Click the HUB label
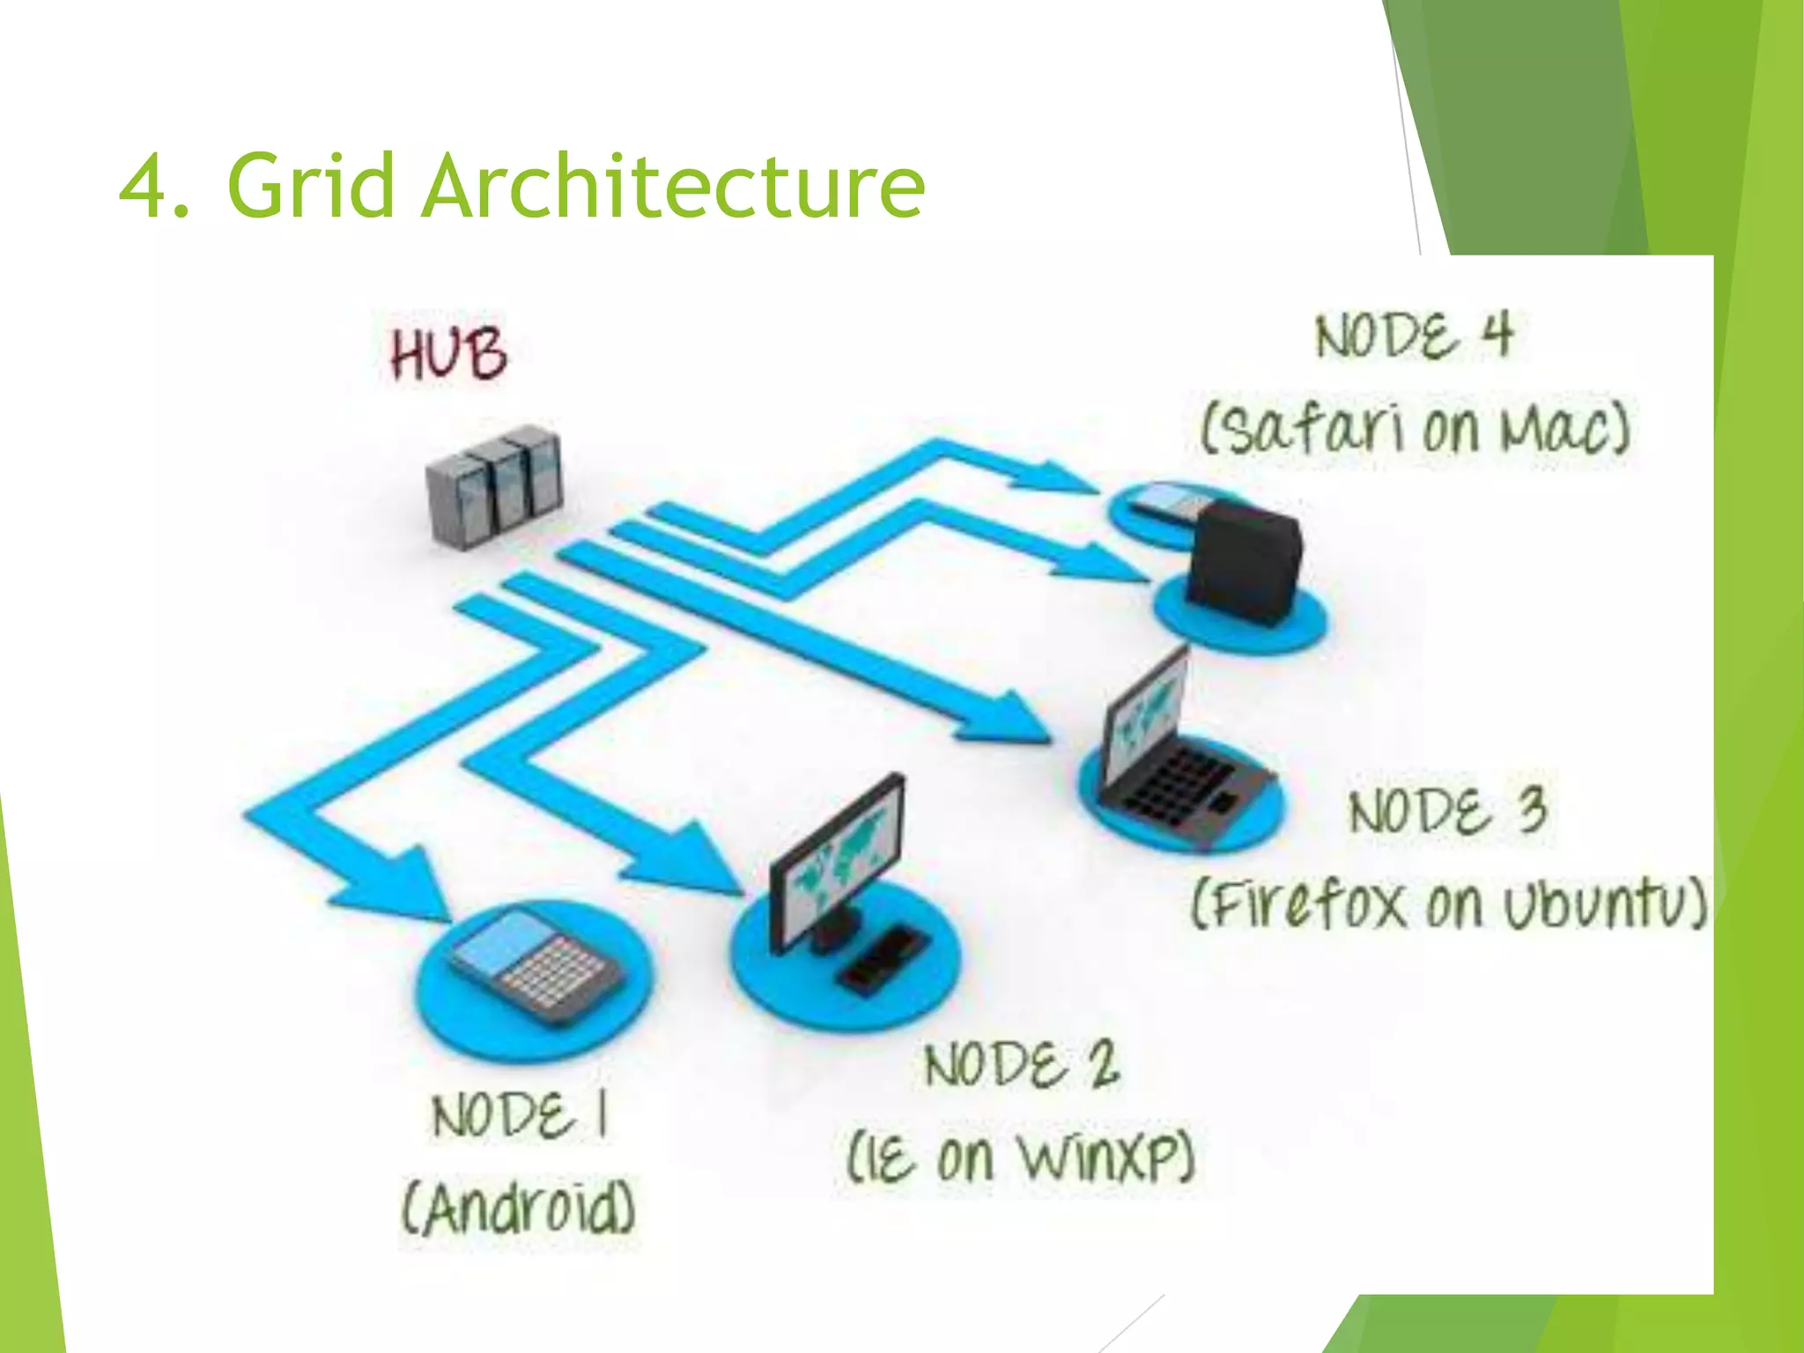449,353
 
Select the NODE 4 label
1414,336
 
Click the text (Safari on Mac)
1415,430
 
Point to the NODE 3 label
1447,810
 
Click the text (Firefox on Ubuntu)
1449,904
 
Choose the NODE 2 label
1022,1064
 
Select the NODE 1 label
520,1115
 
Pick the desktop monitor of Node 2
837,859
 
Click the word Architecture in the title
673,187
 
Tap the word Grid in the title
310,187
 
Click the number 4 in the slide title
144,187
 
